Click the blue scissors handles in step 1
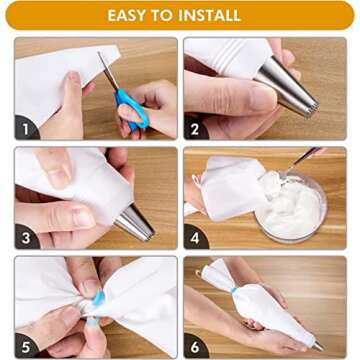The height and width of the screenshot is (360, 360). pos(132,108)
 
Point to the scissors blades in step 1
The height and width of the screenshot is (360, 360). pos(108,72)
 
